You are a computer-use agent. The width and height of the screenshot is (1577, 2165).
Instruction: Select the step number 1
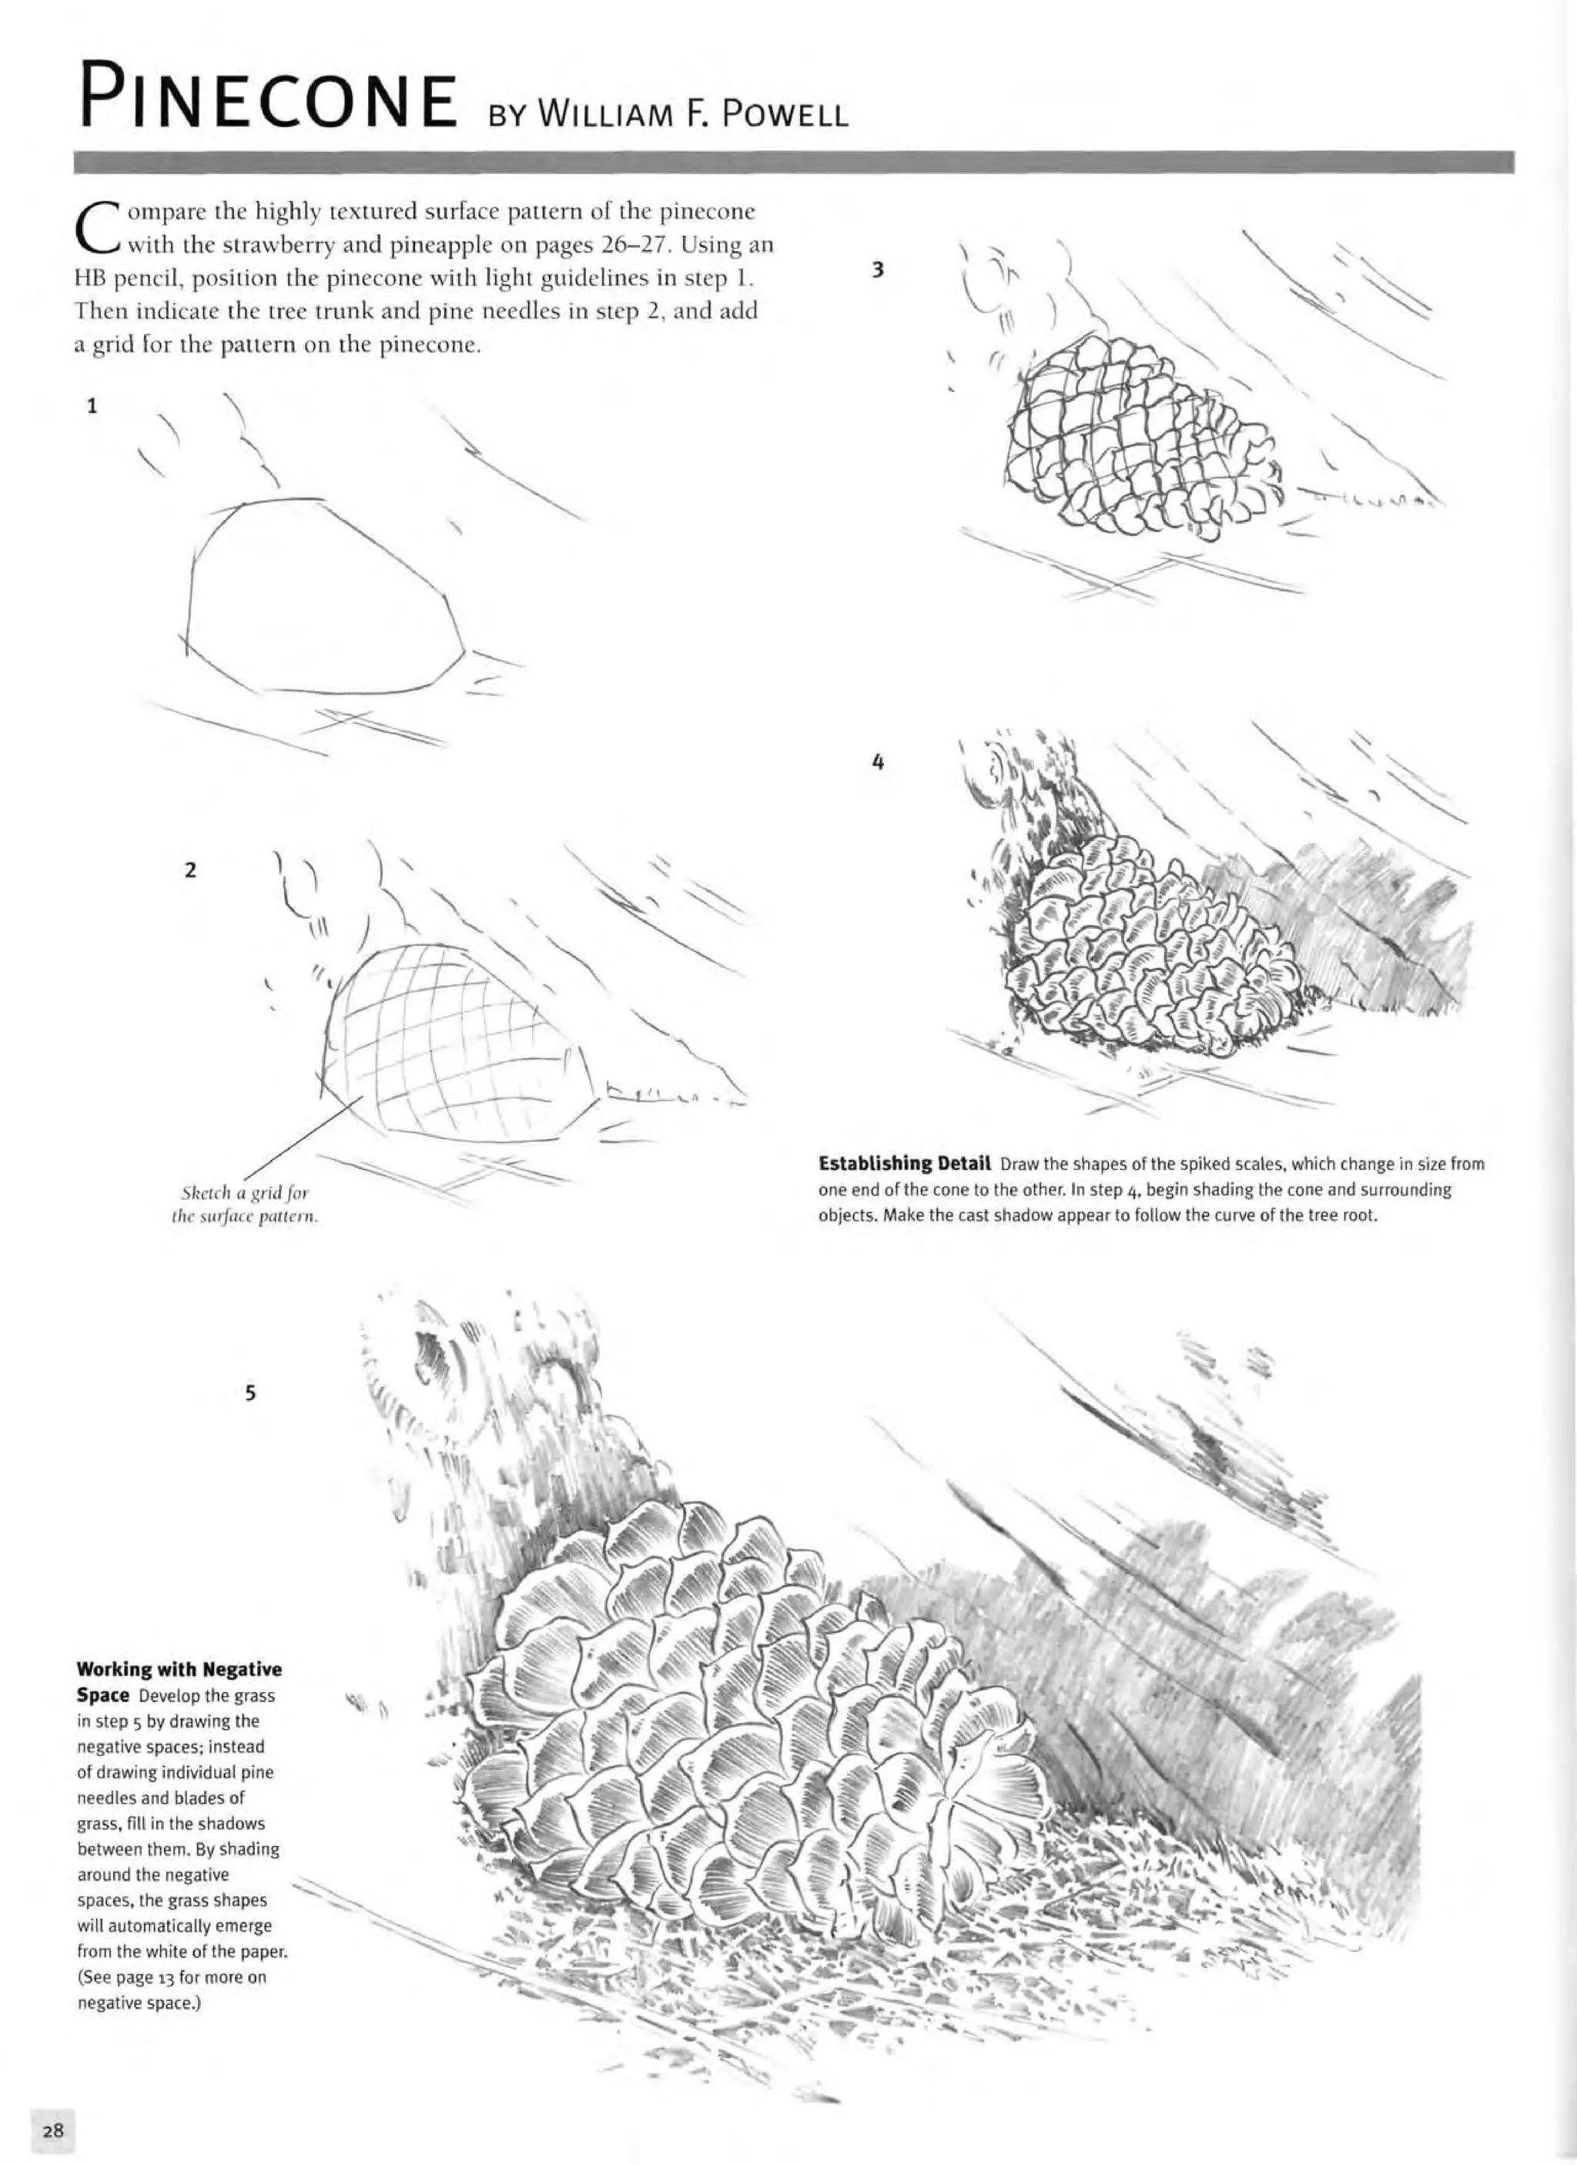92,406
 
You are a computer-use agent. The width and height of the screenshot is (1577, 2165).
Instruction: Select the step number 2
190,870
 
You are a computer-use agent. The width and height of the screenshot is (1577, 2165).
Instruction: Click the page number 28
52,2129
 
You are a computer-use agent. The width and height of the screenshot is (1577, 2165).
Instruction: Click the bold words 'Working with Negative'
179,1670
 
